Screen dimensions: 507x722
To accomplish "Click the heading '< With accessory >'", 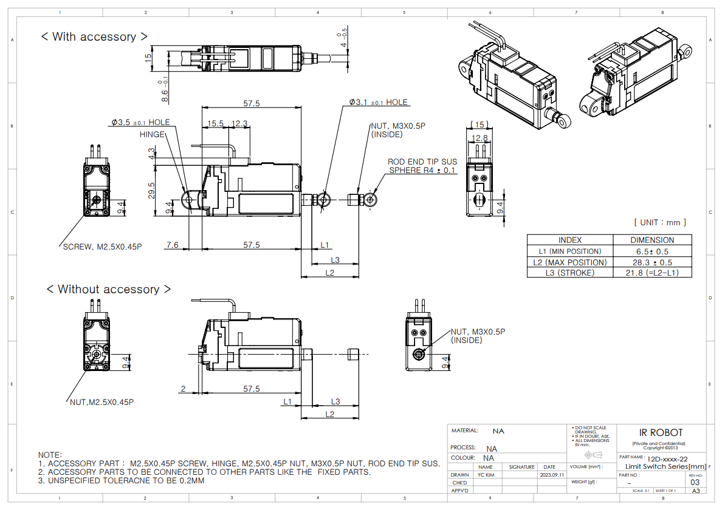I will (x=94, y=37).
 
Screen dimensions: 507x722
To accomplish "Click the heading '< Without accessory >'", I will (x=109, y=290).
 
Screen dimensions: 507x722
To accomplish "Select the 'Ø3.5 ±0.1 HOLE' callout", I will (x=140, y=123).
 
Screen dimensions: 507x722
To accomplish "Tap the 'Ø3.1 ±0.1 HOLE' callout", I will (x=378, y=103).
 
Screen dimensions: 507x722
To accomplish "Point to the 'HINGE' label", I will (x=151, y=134).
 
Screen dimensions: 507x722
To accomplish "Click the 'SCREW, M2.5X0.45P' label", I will (x=102, y=247).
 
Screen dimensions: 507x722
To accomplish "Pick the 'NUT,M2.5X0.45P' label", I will (x=101, y=402).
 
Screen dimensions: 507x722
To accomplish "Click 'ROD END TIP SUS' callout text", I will (x=422, y=162).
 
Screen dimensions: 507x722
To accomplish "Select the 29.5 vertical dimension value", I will (x=152, y=190).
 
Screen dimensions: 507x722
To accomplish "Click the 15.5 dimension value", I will (x=215, y=123).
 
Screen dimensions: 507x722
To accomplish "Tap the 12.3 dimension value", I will (x=240, y=123).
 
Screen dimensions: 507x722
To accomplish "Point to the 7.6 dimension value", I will (x=172, y=245).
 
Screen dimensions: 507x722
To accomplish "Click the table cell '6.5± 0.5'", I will (x=652, y=251).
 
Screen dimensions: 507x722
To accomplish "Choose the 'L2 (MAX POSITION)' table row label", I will (x=569, y=262).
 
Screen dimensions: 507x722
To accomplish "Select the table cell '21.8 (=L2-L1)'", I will (x=652, y=273).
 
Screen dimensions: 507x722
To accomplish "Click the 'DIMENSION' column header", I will (x=652, y=240).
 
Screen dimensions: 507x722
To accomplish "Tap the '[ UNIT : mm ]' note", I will (x=659, y=223).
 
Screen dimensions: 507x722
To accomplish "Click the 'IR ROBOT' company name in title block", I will (x=661, y=433).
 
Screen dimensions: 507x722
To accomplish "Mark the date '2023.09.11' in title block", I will (x=551, y=475).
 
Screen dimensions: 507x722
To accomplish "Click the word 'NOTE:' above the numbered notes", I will (x=50, y=455).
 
